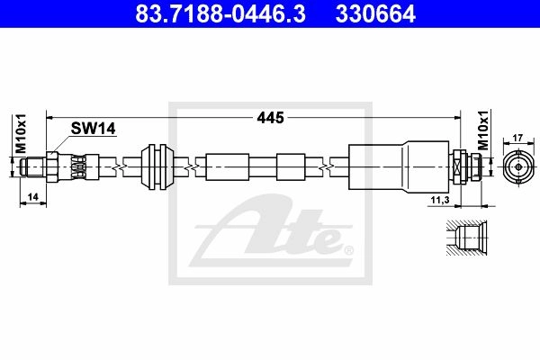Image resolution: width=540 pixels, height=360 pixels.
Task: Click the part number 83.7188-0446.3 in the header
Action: [x=220, y=14]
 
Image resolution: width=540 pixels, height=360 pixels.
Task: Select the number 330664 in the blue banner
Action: [x=375, y=14]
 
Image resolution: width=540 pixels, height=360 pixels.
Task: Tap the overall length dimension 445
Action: [x=270, y=118]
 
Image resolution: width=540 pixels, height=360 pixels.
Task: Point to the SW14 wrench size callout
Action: [x=93, y=129]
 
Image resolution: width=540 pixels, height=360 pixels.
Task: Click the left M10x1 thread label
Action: [x=22, y=133]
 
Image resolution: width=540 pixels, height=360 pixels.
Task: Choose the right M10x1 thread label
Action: [x=484, y=130]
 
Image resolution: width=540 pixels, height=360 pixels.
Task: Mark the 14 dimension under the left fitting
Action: [x=32, y=197]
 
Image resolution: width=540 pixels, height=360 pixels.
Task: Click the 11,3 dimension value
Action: [x=440, y=200]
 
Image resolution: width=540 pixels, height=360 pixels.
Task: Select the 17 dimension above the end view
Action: [x=517, y=138]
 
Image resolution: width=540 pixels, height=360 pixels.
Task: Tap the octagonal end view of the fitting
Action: [x=518, y=167]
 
